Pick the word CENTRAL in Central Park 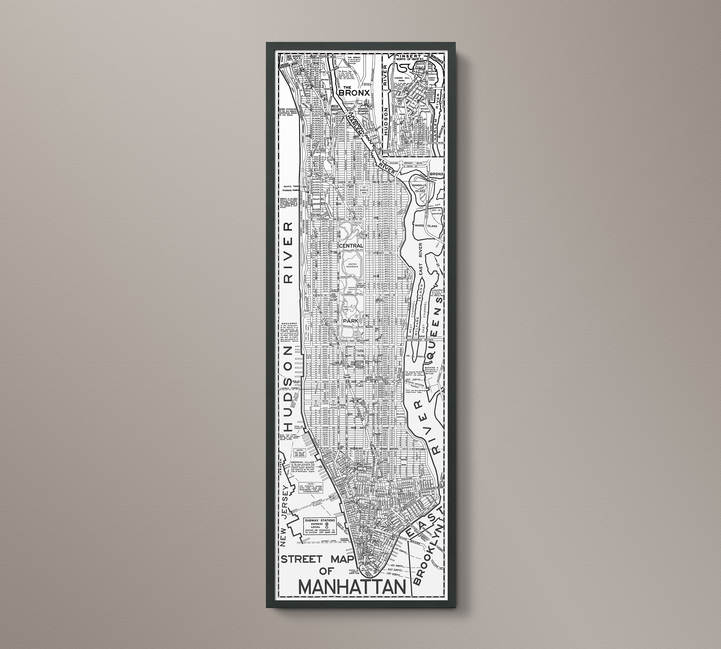point(351,246)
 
